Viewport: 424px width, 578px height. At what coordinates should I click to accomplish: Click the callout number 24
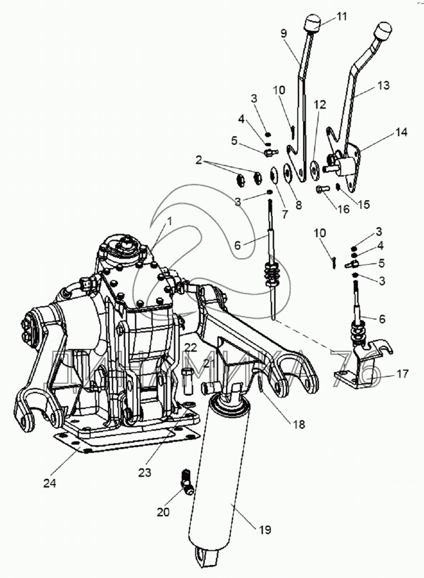coord(50,483)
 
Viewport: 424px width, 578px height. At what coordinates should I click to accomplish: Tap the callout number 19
coord(265,530)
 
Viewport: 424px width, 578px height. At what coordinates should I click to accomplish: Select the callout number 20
coord(163,512)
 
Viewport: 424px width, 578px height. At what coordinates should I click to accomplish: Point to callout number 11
coord(342,17)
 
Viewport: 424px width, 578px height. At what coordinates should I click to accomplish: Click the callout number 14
coord(401,132)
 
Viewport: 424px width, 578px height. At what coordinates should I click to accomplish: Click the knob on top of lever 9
coord(312,22)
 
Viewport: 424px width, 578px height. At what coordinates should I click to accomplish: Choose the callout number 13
coord(384,86)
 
